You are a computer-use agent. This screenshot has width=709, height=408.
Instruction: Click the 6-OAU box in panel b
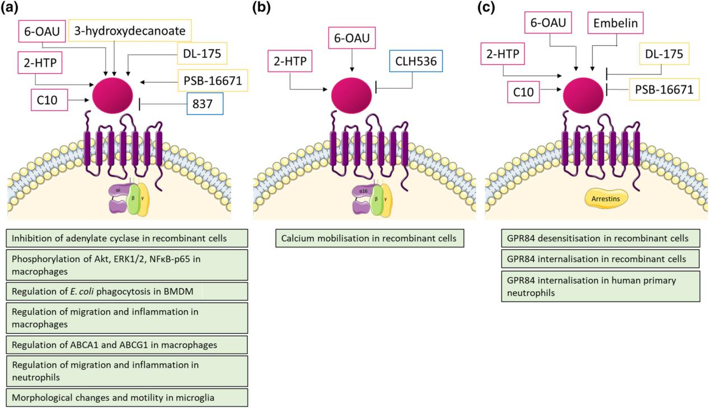pos(352,39)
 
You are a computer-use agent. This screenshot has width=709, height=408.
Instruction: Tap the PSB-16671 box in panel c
pos(663,89)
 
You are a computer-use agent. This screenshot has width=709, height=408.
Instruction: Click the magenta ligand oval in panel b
pos(352,92)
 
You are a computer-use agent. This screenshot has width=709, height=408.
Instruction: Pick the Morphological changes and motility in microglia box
pos(127,397)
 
